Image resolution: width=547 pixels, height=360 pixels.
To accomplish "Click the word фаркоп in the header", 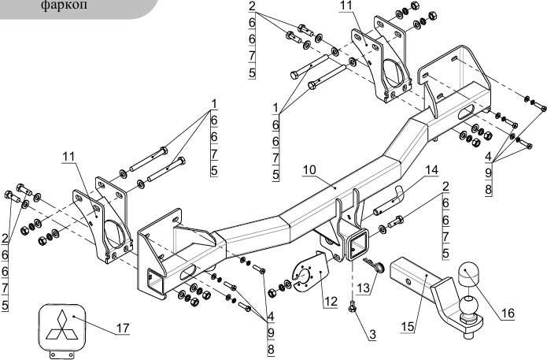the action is [x=65, y=6].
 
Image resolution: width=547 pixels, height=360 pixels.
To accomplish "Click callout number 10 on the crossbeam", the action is [x=309, y=170].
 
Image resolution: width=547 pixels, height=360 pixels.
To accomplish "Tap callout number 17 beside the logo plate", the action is [x=123, y=328].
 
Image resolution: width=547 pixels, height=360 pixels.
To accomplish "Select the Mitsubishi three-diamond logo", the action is [x=61, y=325].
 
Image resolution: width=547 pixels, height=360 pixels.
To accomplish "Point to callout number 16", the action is [x=508, y=314].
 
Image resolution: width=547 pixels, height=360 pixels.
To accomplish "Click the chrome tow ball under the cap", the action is [x=468, y=305].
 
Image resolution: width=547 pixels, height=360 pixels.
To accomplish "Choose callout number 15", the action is [x=408, y=327].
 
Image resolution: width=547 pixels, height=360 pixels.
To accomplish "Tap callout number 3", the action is [x=372, y=335].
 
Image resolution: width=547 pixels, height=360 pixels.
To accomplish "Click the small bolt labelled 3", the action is [x=353, y=306].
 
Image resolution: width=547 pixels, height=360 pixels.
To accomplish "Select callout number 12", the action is [x=331, y=301].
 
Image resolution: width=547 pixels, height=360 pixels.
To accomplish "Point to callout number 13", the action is [x=363, y=288].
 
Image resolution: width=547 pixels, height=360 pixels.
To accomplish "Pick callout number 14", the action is [x=431, y=170].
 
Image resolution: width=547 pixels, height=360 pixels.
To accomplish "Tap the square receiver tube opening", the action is [x=357, y=247].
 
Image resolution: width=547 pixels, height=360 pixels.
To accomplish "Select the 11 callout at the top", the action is [x=346, y=6].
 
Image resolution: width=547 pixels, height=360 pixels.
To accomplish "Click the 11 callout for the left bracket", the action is [x=68, y=157].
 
